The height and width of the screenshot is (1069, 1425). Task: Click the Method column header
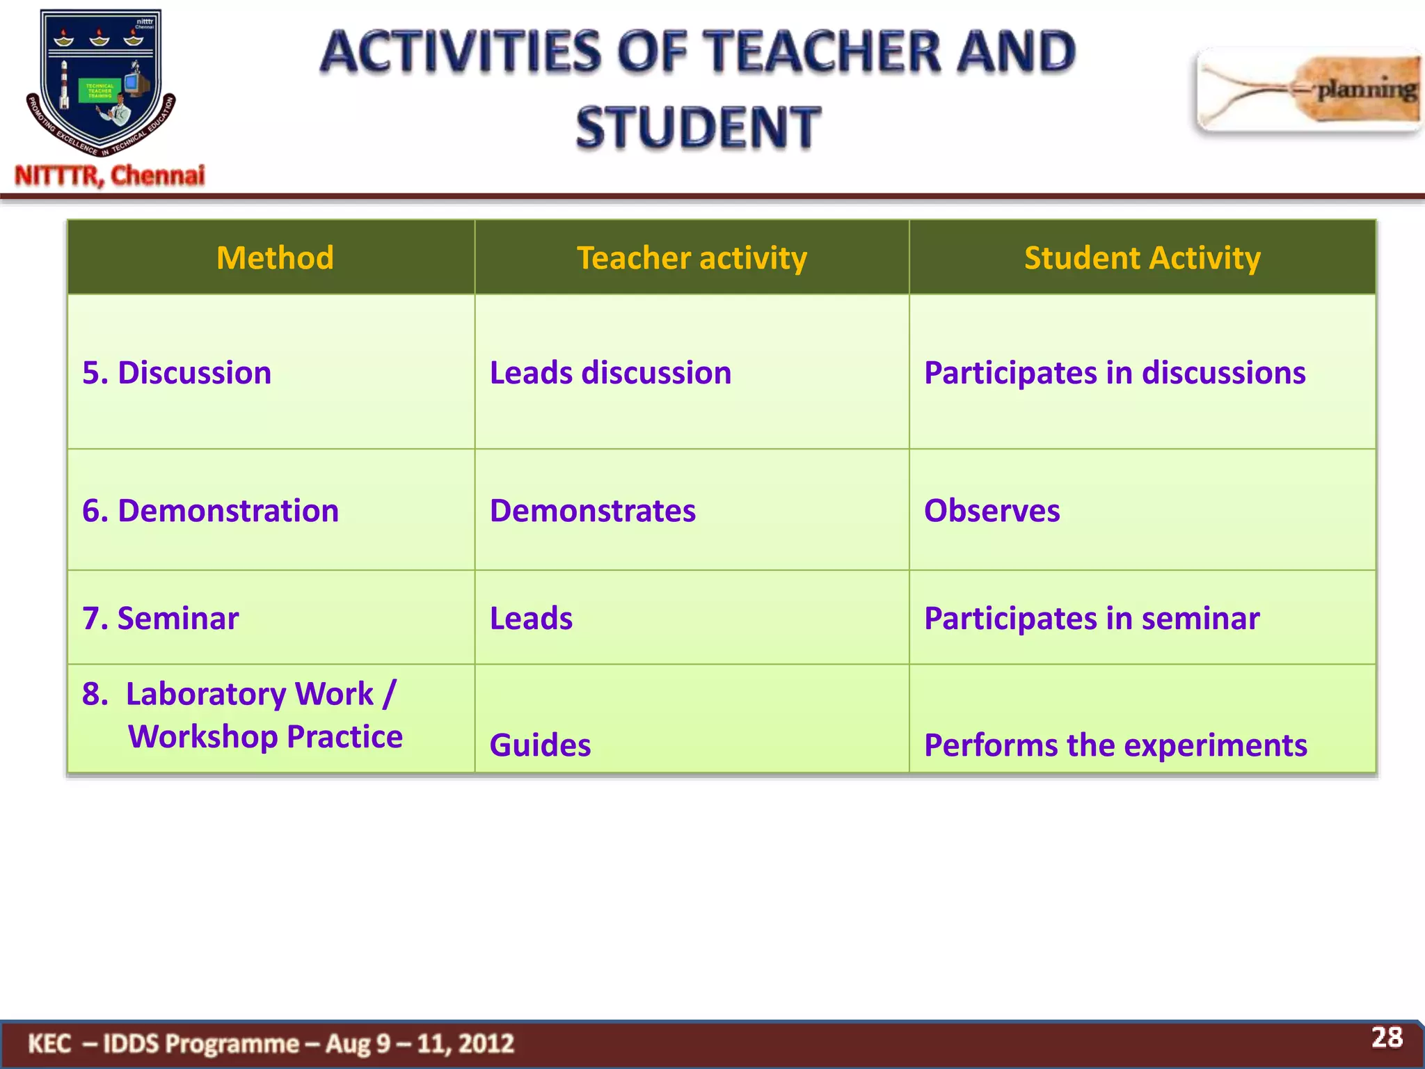pos(275,258)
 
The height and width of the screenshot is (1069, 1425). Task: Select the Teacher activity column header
pos(692,258)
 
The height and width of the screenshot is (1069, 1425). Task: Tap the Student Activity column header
pos(1142,258)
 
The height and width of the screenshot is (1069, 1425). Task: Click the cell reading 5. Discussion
pos(177,372)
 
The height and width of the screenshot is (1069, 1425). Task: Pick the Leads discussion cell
pos(610,372)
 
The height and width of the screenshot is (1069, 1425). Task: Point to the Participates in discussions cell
pos(1114,372)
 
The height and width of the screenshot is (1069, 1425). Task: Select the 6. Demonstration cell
pos(210,510)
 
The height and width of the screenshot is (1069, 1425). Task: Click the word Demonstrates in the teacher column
pos(592,510)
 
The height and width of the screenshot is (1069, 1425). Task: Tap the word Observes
pos(992,510)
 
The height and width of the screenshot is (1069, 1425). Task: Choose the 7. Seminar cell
pos(160,618)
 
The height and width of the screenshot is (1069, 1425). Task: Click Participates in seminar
pos(1091,618)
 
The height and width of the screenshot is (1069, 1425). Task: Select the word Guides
pos(540,745)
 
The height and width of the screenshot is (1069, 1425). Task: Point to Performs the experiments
pos(1115,745)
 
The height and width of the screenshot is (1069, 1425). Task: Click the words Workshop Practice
pos(265,736)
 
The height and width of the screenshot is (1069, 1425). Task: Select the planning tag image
pos(1308,90)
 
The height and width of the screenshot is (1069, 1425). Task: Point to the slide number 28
pos(1387,1037)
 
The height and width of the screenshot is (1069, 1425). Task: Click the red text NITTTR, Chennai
pos(110,175)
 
